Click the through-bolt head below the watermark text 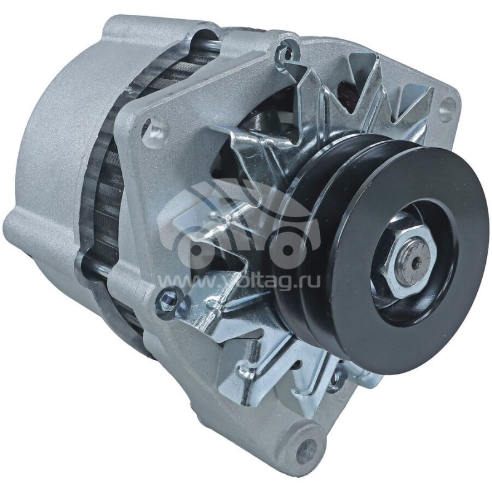(166, 301)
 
